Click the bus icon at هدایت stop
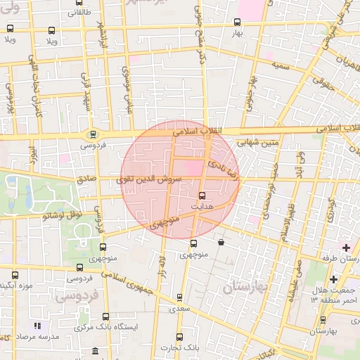click(202, 195)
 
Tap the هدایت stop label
click(202, 206)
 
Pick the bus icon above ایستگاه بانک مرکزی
click(105, 317)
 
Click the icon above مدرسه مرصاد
click(38, 326)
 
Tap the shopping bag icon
click(221, 243)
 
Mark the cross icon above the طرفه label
click(345, 248)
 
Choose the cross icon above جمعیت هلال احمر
click(333, 281)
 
